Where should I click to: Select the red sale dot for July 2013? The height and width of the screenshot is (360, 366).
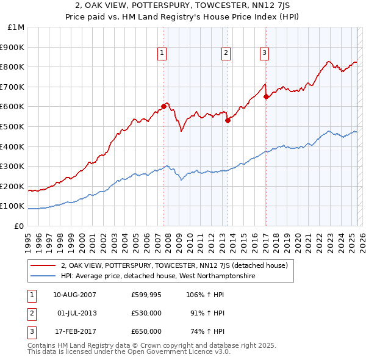(228, 120)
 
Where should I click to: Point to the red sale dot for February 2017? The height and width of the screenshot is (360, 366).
(266, 96)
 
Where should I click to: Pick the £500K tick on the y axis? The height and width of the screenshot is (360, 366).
(13, 126)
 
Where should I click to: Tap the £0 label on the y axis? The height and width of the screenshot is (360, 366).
(19, 226)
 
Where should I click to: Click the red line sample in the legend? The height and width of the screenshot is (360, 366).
(43, 265)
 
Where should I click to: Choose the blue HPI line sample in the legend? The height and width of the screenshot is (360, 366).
(43, 276)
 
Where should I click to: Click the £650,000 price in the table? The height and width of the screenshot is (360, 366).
(146, 331)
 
